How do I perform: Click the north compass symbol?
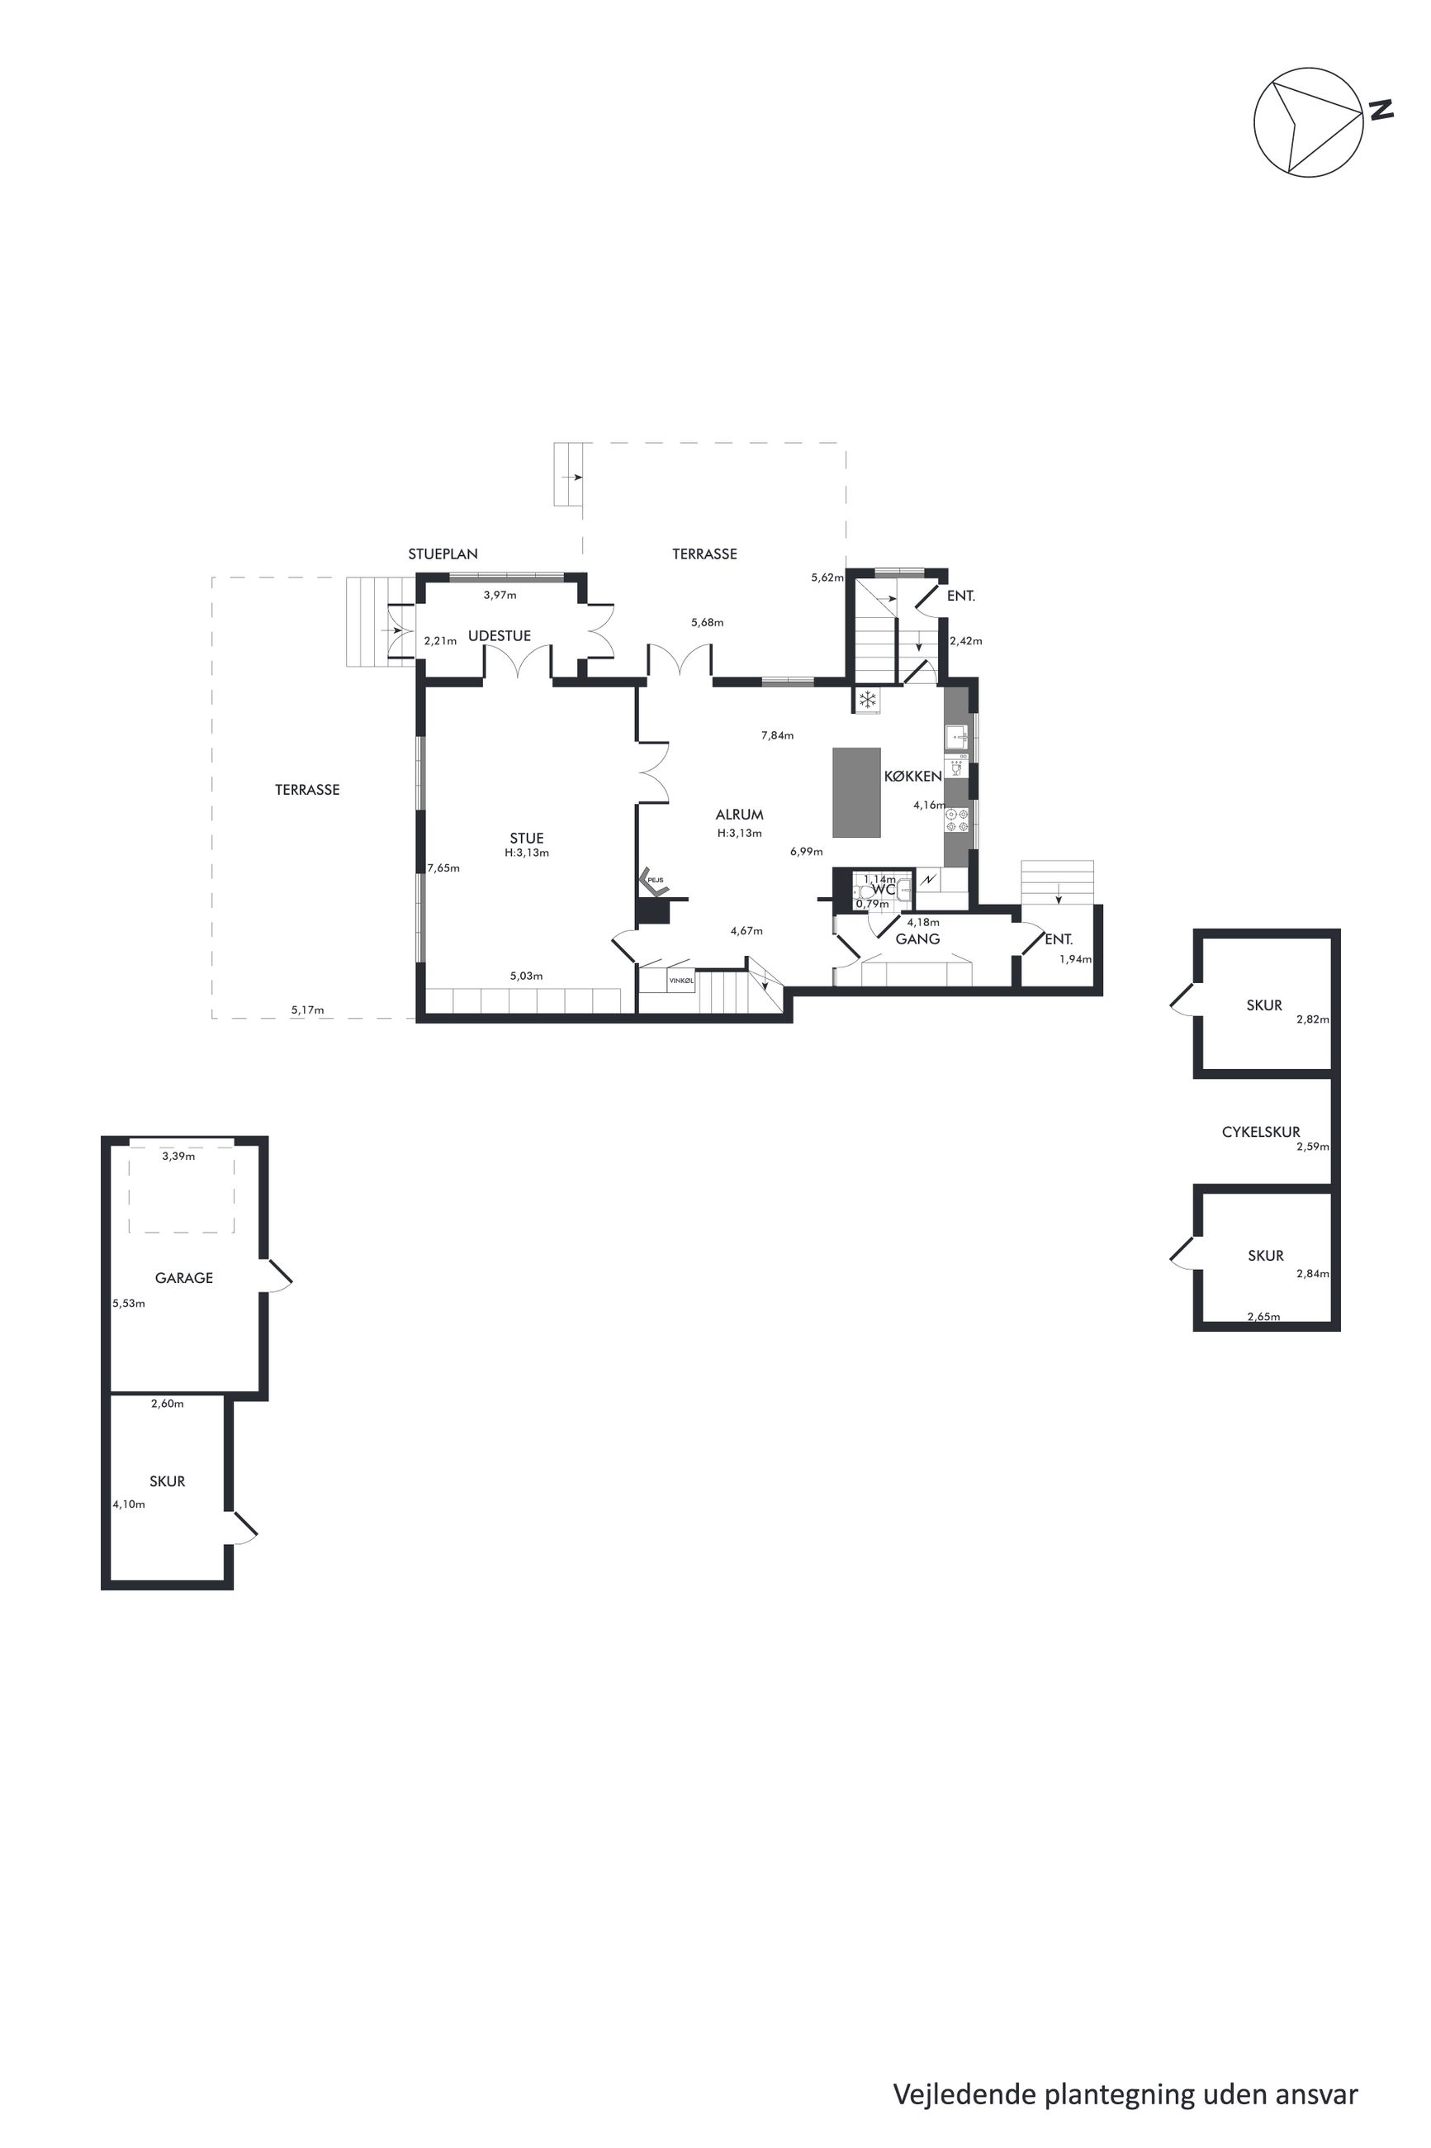(x=1309, y=121)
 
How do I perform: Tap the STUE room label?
(x=527, y=838)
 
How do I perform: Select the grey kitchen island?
(x=856, y=792)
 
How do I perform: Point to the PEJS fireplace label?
(x=656, y=880)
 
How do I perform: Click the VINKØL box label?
(x=681, y=981)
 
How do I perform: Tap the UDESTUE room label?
(x=500, y=635)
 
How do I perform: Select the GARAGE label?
(x=183, y=1278)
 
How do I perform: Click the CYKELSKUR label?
(x=1260, y=1132)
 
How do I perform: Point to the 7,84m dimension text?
(x=777, y=735)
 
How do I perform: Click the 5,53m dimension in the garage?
(x=129, y=1304)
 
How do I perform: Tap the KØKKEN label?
(x=912, y=776)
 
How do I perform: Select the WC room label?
(x=883, y=889)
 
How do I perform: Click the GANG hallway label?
(x=917, y=939)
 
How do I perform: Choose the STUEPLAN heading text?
(x=443, y=554)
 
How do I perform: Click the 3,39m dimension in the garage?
(x=178, y=1156)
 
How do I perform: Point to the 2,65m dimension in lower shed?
(x=1263, y=1316)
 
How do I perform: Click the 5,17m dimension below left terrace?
(x=307, y=1010)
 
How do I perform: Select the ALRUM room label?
(x=739, y=815)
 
